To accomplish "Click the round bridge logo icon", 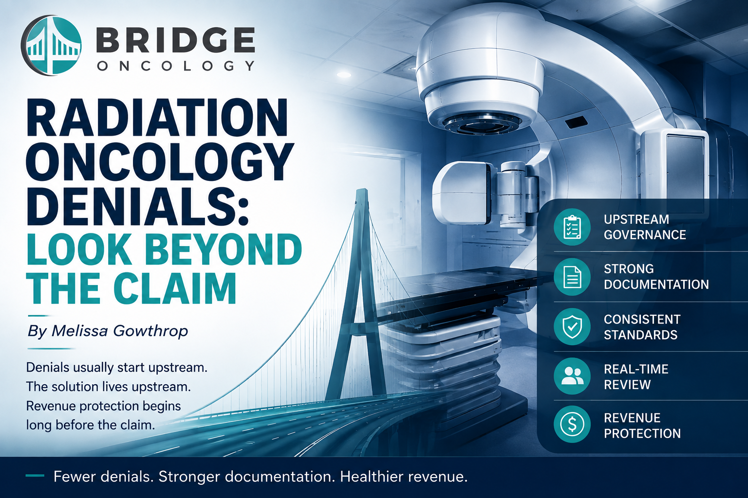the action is pos(51,45).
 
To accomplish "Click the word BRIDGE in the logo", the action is pos(176,40).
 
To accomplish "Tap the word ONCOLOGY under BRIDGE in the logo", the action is pos(176,66).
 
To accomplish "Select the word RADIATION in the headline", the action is pos(157,117).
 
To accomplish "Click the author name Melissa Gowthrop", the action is pos(120,331).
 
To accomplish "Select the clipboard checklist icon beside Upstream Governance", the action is pos(572,227).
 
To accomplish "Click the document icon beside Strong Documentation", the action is pos(572,277).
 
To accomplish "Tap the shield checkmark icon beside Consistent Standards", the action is pos(572,326).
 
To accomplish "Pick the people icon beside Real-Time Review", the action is pos(572,376).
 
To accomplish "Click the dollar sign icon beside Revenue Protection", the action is pos(572,424).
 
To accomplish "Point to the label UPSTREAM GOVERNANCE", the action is pos(645,227).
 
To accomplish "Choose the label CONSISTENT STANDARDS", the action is pos(642,327).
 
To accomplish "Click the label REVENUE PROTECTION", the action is pos(642,426).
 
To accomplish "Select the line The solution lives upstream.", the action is pos(109,387).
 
